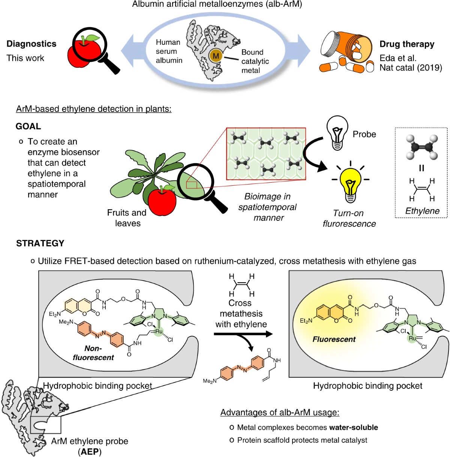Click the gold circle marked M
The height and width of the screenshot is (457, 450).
pos(216,56)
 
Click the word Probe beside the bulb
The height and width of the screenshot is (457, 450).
pos(364,134)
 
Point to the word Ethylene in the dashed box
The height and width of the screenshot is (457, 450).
pos(422,211)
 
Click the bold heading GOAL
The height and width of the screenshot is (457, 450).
pos(28,127)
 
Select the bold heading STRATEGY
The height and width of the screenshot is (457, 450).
pos(40,243)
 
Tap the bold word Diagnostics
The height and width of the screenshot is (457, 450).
pos(31,44)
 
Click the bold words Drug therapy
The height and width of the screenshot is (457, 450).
pos(407,44)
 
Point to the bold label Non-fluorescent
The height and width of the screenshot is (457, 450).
pos(93,353)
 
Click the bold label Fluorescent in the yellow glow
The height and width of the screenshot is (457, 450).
pos(334,339)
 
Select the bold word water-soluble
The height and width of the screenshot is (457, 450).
pos(354,427)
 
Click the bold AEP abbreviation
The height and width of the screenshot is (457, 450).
pos(90,452)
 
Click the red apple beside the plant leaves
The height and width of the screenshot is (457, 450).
pos(162,201)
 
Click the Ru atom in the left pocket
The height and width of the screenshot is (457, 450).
pos(159,332)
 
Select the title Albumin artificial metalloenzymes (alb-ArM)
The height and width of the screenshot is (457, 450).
pos(217,4)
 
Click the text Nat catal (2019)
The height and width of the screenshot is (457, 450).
pos(411,68)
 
